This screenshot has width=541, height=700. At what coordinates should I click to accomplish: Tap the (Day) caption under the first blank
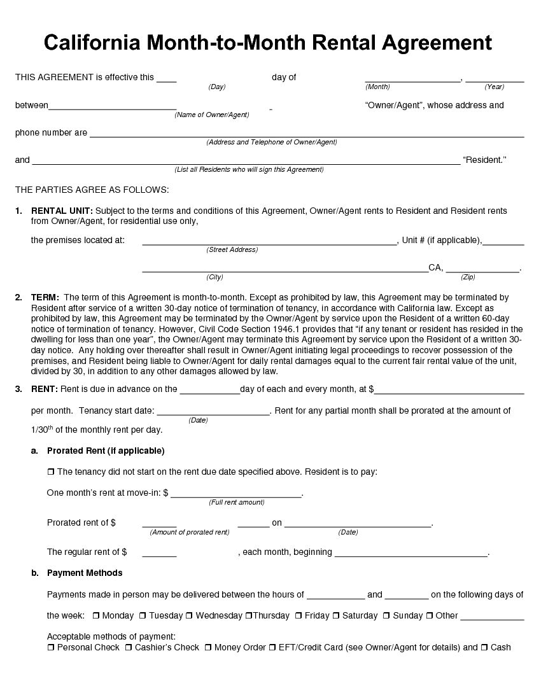pyautogui.click(x=217, y=87)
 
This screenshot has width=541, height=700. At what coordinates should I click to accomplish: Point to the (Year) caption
pyautogui.click(x=494, y=87)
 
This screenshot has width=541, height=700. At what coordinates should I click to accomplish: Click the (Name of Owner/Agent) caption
pyautogui.click(x=212, y=115)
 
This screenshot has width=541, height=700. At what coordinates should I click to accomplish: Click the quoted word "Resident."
pyautogui.click(x=484, y=160)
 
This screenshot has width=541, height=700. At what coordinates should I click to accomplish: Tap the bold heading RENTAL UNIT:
pyautogui.click(x=62, y=211)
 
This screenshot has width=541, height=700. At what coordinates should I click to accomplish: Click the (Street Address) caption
pyautogui.click(x=232, y=249)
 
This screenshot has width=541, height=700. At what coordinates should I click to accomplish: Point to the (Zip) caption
pyautogui.click(x=468, y=277)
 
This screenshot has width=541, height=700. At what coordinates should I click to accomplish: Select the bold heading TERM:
pyautogui.click(x=45, y=297)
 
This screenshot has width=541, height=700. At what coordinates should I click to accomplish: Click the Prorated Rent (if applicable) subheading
pyautogui.click(x=106, y=451)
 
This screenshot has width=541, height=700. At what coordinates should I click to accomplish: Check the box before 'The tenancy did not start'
pyautogui.click(x=51, y=472)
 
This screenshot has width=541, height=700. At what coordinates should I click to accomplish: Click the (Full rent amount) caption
pyautogui.click(x=236, y=502)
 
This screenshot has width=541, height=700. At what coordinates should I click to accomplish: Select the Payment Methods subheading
pyautogui.click(x=85, y=573)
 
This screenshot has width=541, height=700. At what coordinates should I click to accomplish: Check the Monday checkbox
pyautogui.click(x=95, y=616)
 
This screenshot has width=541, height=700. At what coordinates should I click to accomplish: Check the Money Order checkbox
pyautogui.click(x=208, y=648)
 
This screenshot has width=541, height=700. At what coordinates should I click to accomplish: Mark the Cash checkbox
pyautogui.click(x=484, y=648)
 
